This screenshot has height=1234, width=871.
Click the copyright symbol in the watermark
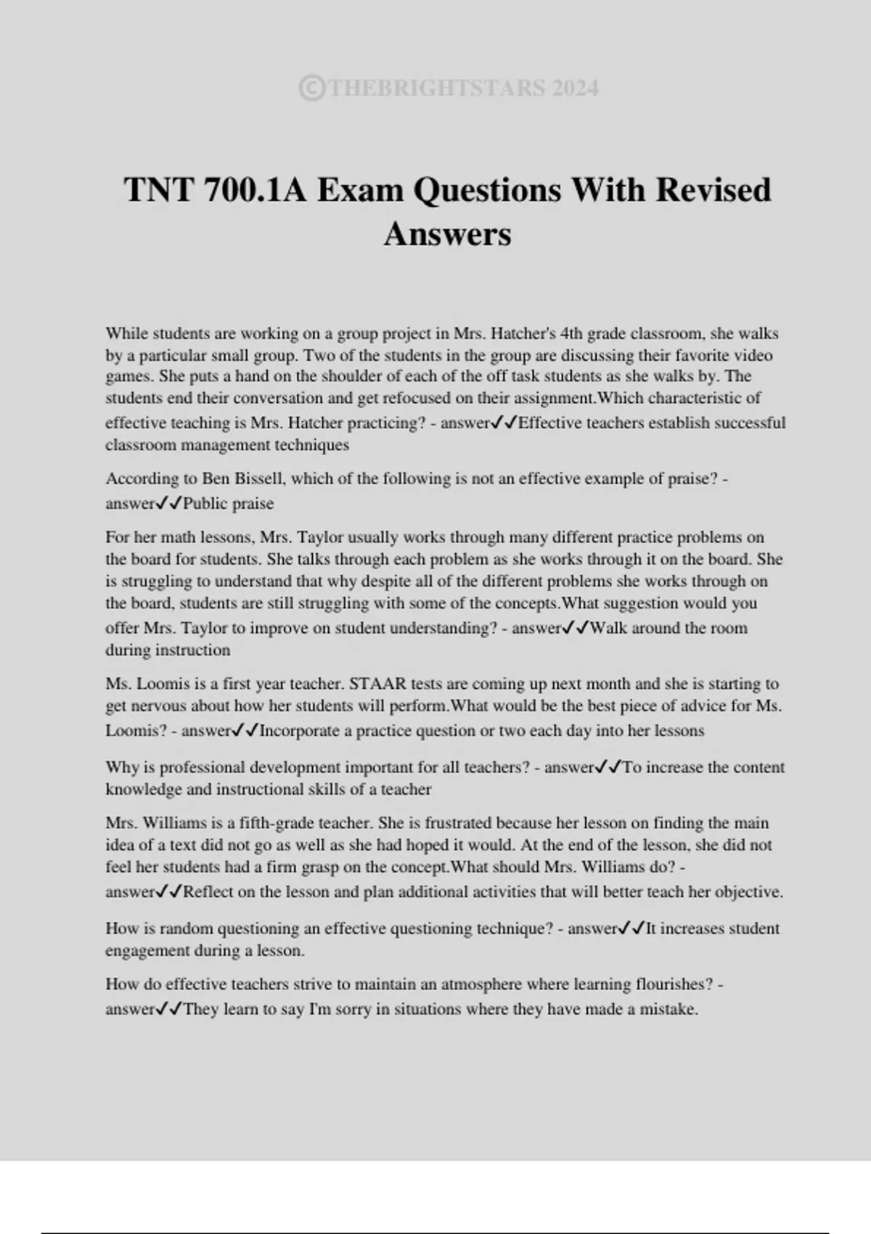click(311, 89)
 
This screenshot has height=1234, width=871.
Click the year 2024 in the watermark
click(574, 89)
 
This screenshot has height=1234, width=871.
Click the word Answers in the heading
click(447, 234)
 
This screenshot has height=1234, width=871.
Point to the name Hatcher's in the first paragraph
click(523, 334)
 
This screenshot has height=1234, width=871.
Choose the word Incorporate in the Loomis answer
click(299, 731)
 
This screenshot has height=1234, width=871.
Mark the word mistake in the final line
click(668, 1010)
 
